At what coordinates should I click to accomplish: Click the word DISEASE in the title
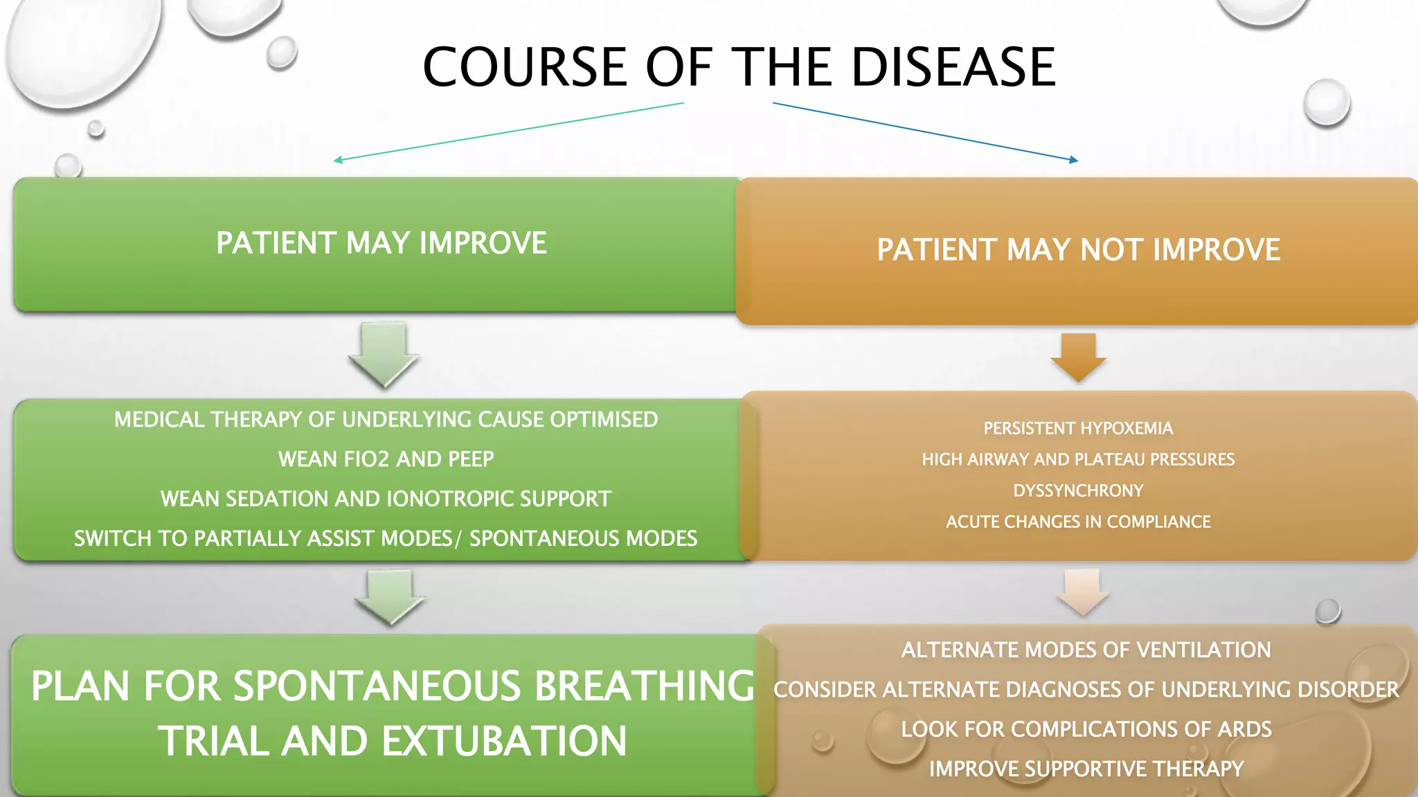953,67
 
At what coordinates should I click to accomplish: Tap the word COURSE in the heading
525,67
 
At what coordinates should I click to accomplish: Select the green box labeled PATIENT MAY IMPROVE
381,244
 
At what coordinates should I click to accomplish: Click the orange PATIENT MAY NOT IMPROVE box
1078,250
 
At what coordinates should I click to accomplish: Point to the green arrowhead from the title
338,160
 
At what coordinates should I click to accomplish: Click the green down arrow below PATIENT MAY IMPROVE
384,354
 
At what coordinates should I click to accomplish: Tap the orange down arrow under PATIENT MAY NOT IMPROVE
1078,357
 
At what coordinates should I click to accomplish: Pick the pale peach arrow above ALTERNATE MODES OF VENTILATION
1083,592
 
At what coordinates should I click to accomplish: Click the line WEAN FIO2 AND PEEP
386,459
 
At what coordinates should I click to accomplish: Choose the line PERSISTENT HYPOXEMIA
1078,428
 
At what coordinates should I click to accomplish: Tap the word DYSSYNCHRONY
1078,491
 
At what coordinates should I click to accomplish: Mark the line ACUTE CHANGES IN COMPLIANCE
1078,522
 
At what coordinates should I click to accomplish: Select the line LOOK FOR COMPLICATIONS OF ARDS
1086,729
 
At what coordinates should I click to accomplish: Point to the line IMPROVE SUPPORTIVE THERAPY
1086,769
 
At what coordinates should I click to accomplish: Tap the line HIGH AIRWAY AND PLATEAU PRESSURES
1078,459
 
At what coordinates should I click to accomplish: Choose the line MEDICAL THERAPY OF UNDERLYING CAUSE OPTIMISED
386,419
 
